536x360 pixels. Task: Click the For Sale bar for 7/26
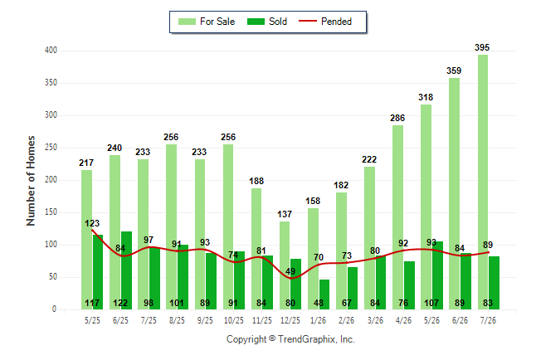click(483, 182)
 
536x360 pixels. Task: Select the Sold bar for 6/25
click(126, 270)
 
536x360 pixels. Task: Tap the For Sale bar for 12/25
click(285, 265)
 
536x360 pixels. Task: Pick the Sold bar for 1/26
click(324, 294)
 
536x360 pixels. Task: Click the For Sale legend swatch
click(187, 22)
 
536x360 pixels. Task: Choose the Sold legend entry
click(267, 22)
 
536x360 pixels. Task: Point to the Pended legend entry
click(325, 22)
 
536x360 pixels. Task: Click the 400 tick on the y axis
click(51, 51)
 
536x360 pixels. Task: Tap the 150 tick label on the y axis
click(51, 212)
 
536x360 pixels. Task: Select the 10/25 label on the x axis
click(234, 320)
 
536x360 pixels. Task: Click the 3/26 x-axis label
click(375, 320)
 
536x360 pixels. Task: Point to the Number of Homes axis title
click(31, 181)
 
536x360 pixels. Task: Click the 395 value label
click(482, 47)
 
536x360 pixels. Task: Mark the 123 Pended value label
click(92, 223)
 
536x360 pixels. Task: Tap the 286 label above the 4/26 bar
click(397, 118)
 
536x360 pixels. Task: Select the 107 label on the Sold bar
click(431, 303)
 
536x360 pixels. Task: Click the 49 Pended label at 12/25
click(290, 271)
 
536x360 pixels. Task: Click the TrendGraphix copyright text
click(290, 339)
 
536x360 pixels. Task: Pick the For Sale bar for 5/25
click(86, 240)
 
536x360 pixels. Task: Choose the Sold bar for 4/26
click(409, 285)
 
